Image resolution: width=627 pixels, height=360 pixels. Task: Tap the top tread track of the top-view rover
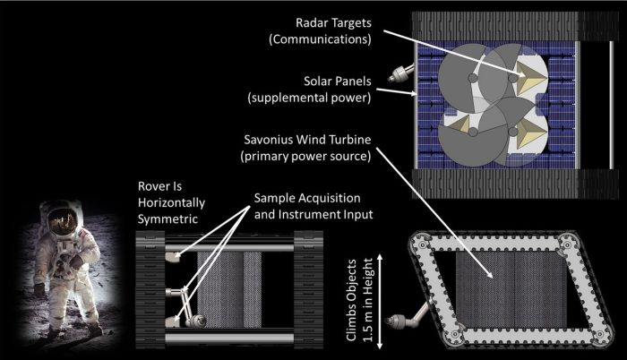coord(497,24)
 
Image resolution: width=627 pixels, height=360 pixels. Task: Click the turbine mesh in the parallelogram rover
coord(493,287)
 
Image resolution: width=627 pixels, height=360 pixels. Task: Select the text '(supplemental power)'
coord(323,96)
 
